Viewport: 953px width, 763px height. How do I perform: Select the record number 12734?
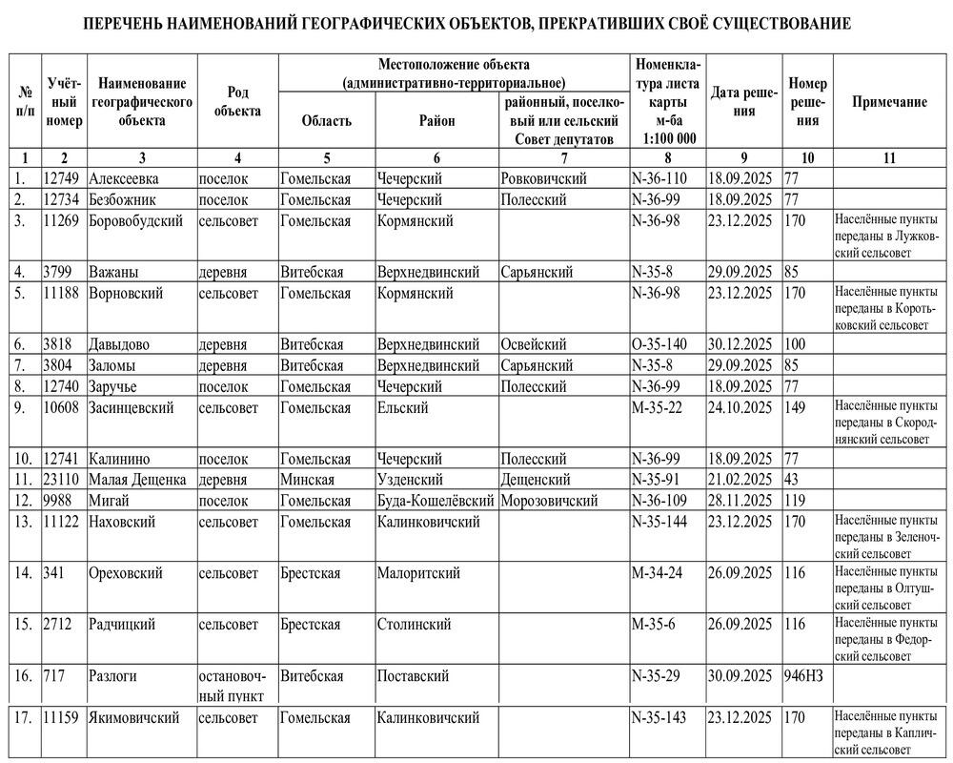coord(63,199)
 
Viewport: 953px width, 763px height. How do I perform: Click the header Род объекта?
coord(237,102)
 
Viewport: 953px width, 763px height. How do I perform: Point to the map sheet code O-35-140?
coord(665,343)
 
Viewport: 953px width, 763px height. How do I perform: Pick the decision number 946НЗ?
coord(803,676)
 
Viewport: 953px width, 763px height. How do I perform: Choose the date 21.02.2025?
coord(740,480)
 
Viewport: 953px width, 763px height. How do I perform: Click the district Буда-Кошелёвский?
coord(436,501)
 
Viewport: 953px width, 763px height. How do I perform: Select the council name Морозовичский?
coord(549,501)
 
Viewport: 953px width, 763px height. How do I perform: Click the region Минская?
coord(307,480)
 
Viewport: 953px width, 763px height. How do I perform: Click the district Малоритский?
coord(418,573)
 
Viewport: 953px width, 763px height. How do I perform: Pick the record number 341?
coord(54,573)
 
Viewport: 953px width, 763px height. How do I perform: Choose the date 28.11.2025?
coord(740,501)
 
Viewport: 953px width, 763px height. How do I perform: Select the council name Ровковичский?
coord(543,178)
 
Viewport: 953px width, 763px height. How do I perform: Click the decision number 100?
coord(796,343)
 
